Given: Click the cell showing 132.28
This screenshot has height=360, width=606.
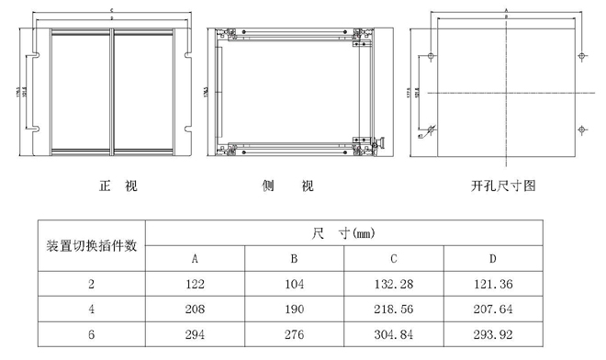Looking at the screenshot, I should click(394, 285).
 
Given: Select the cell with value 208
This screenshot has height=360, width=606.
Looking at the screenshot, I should click(196, 309).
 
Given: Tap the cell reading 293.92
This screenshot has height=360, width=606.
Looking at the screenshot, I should click(492, 334).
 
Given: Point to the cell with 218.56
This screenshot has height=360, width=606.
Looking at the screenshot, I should click(394, 309).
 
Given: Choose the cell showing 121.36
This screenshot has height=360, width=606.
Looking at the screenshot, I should click(492, 285).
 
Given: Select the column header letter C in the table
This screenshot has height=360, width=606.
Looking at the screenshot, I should click(394, 259).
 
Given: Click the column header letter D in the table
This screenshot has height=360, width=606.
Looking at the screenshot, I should click(492, 259).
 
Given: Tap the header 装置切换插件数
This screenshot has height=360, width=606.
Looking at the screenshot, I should click(92, 246).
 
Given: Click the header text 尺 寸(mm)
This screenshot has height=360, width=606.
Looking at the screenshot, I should click(343, 234).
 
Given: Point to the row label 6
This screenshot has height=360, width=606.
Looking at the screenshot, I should click(92, 334).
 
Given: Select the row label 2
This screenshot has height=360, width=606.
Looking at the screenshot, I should click(92, 285).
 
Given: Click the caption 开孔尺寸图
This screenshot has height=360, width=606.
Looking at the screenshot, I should click(502, 186).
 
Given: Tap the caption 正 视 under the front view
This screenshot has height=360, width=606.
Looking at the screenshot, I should click(118, 186).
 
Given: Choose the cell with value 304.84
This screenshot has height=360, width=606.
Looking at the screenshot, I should click(394, 334).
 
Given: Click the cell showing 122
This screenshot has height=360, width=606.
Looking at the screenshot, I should click(196, 285).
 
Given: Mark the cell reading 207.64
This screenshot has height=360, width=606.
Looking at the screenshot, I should click(492, 309).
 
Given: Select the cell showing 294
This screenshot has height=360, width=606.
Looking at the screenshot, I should click(196, 334).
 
